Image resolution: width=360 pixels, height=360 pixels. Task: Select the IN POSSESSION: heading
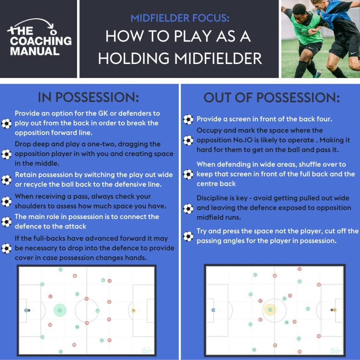(88, 97)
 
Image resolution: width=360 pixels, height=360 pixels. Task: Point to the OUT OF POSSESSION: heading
(272, 98)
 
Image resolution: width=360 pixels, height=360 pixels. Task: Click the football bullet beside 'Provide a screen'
(188, 120)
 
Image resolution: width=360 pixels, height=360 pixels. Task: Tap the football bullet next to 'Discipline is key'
(188, 209)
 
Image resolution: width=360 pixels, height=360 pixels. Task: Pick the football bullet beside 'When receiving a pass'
(6, 201)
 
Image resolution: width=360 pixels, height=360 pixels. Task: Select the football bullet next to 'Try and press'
(188, 236)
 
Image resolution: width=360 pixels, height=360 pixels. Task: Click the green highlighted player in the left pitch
(60, 310)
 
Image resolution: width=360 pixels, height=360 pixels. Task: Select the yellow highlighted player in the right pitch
(270, 310)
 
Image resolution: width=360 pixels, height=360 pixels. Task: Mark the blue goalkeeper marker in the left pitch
(26, 310)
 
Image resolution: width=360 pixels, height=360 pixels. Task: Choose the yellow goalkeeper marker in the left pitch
(134, 310)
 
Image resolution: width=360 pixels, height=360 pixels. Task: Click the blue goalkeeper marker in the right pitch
(213, 310)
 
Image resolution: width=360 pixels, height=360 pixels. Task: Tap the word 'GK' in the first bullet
(99, 114)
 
